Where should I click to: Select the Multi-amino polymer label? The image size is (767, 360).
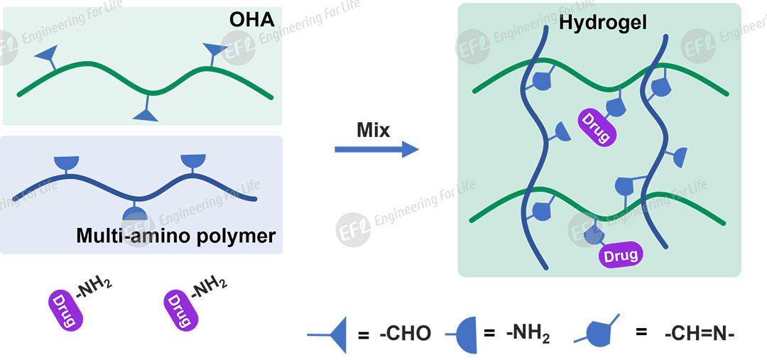click(x=175, y=235)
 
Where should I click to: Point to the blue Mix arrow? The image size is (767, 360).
click(x=376, y=149)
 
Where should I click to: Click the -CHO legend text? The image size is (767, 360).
click(x=405, y=334)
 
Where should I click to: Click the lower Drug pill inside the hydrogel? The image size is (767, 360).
click(x=619, y=254)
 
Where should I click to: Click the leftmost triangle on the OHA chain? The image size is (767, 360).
click(x=46, y=55)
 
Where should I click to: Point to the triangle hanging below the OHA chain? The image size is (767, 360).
click(x=147, y=114)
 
